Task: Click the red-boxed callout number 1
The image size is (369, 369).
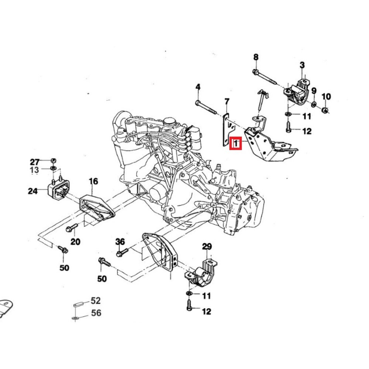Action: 235,143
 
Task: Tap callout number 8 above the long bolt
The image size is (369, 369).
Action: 256,57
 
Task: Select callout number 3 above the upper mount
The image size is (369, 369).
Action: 302,65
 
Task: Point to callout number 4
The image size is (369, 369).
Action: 198,87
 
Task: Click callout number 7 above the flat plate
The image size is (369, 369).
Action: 227,101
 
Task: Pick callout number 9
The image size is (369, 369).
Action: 314,90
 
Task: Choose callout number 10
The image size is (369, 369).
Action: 326,97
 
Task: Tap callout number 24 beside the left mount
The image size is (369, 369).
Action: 32,191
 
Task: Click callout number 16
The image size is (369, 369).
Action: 93,181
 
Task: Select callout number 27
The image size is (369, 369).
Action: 35,162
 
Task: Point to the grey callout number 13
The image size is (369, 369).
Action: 34,170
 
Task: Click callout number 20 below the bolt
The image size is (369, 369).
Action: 75,242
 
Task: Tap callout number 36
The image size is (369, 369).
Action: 120,242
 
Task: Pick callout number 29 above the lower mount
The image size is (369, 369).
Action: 207,246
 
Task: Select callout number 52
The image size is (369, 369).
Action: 96,301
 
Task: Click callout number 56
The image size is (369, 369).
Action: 96,313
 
